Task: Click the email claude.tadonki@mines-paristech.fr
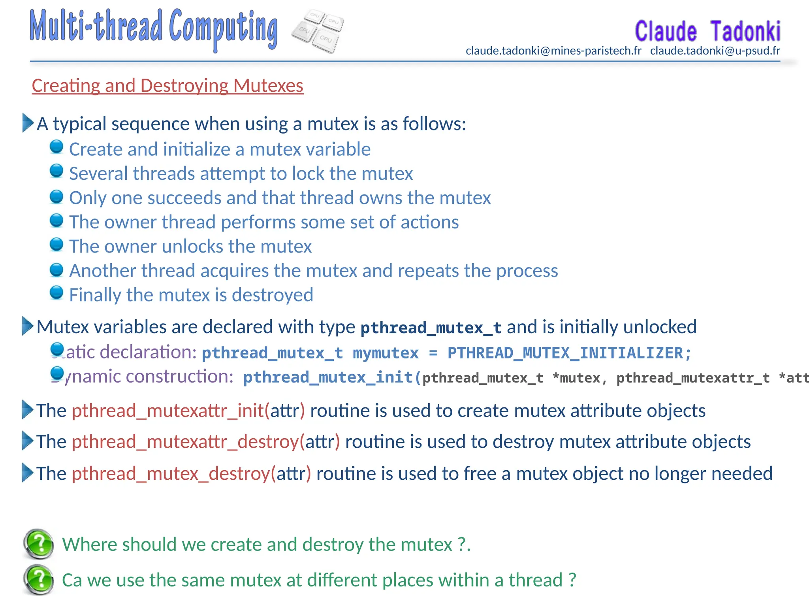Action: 553,51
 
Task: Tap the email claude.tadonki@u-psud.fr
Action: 715,51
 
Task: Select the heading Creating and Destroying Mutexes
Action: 167,86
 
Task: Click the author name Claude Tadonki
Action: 707,31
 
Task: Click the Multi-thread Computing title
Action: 154,28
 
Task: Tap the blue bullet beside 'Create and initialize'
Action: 56,147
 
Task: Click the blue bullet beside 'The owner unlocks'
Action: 56,244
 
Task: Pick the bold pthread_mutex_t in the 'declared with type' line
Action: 431,328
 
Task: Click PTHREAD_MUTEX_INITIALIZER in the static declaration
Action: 565,353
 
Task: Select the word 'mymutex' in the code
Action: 386,353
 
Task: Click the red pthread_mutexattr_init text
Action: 168,411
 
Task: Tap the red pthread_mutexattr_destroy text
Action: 185,442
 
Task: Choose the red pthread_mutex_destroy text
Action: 171,473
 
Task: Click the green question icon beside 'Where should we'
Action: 39,544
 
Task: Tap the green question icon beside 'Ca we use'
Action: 39,580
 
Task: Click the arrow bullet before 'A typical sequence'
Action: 28,123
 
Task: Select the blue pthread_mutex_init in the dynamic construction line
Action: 328,377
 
